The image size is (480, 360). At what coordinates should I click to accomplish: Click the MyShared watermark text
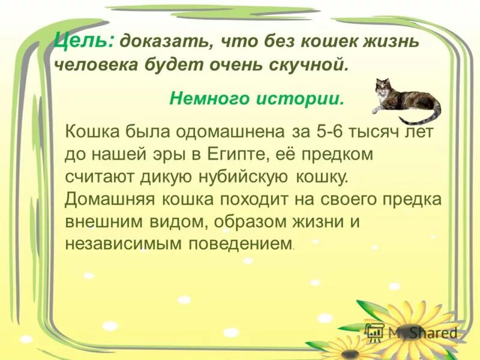click(422, 332)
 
